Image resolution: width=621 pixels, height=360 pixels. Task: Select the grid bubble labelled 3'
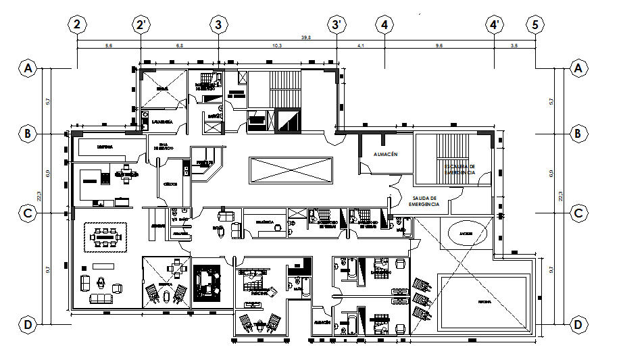pyautogui.click(x=337, y=25)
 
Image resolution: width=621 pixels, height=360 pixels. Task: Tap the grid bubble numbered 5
pyautogui.click(x=535, y=25)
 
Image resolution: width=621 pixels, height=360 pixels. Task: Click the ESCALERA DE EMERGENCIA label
pyautogui.click(x=459, y=169)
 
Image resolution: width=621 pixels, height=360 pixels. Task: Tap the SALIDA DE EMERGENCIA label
pyautogui.click(x=424, y=201)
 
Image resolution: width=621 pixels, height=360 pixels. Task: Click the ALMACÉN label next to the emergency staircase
pyautogui.click(x=384, y=155)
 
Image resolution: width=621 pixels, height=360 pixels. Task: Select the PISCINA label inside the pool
pyautogui.click(x=484, y=301)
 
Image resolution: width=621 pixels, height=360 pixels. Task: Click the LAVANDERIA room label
pyautogui.click(x=163, y=122)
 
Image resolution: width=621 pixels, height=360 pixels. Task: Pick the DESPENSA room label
pyautogui.click(x=105, y=147)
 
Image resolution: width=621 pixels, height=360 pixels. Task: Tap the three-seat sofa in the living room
pyautogui.click(x=102, y=298)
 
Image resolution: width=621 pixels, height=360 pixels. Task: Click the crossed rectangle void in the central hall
pyautogui.click(x=291, y=170)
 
